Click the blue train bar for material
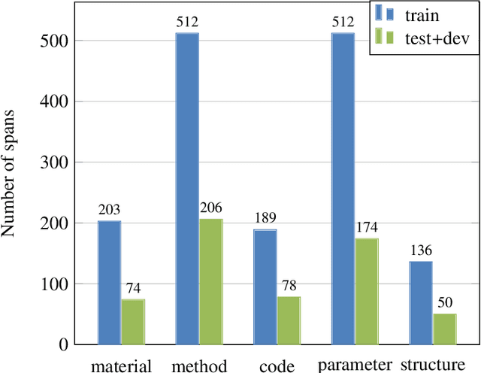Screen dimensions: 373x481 109,283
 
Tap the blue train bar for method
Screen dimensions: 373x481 187,189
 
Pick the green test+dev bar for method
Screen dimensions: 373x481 211,282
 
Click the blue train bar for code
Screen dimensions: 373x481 265,287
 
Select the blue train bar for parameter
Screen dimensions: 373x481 343,189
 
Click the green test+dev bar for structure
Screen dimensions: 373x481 445,329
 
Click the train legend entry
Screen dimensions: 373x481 421,13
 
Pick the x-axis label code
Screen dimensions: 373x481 277,365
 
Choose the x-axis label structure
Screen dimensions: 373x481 433,365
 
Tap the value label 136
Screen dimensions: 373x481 421,251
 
